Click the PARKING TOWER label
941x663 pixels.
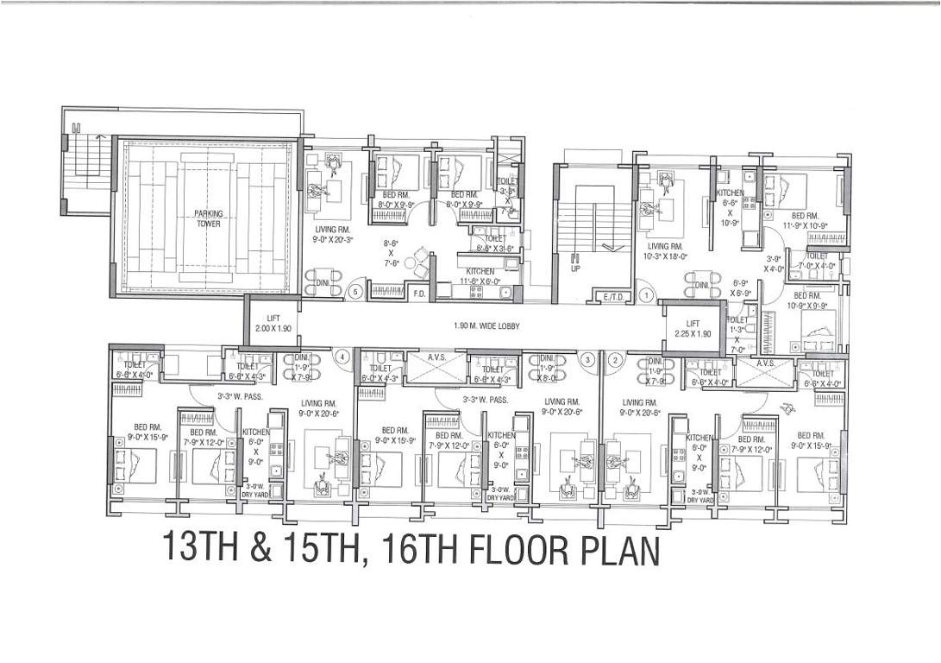pos(207,218)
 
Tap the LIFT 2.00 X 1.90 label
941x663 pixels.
pos(273,324)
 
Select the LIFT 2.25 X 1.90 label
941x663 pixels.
pos(692,328)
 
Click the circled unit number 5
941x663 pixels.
pos(355,293)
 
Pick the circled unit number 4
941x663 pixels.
pos(342,356)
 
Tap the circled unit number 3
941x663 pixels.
pos(587,358)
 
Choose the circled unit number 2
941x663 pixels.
pos(614,358)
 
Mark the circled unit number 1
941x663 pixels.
pos(647,295)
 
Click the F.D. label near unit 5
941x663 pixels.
pos(419,294)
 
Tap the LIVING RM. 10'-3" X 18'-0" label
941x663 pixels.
pos(665,251)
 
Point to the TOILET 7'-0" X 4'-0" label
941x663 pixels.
pos(817,261)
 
